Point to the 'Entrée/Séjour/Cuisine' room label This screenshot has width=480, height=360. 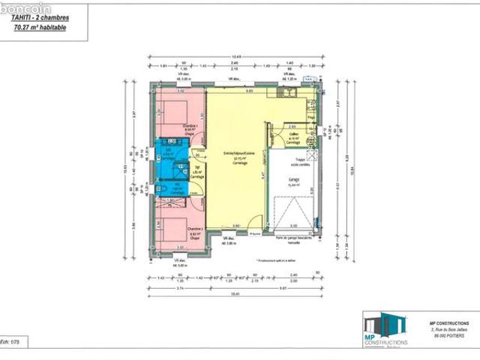pyautogui.click(x=239, y=156)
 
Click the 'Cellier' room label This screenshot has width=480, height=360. pyautogui.click(x=294, y=136)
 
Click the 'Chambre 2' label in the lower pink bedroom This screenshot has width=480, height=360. pyautogui.click(x=195, y=230)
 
